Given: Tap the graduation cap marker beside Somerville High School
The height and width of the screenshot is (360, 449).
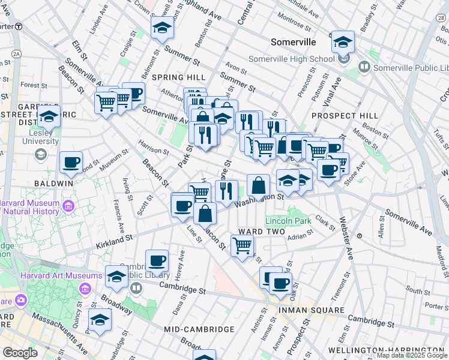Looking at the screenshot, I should pyautogui.click(x=343, y=42).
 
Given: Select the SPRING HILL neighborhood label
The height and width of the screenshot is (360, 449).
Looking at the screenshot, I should pyautogui.click(x=178, y=77).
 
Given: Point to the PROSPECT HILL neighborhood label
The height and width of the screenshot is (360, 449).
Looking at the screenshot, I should pyautogui.click(x=345, y=115).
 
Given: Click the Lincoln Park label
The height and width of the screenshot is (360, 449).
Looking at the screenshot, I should pyautogui.click(x=288, y=221).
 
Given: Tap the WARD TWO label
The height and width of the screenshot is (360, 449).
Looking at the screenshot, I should pyautogui.click(x=261, y=231).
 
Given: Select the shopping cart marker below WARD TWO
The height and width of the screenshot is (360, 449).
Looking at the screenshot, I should pyautogui.click(x=242, y=245).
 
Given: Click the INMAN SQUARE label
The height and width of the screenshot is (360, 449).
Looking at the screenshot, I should pyautogui.click(x=311, y=310).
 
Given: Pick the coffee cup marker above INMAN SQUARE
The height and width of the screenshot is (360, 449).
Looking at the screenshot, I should pyautogui.click(x=280, y=283).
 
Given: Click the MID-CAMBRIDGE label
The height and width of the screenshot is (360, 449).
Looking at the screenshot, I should pyautogui.click(x=199, y=329).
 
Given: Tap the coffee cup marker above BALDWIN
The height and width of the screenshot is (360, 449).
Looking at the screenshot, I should pyautogui.click(x=71, y=162).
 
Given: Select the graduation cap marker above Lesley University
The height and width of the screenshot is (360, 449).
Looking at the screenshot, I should pyautogui.click(x=49, y=116).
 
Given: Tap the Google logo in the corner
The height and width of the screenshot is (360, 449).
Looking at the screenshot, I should pyautogui.click(x=20, y=353).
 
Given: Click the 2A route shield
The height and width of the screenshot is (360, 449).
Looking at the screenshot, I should pyautogui.click(x=16, y=54).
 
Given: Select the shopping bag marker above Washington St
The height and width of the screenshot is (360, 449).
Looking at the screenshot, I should pyautogui.click(x=258, y=185).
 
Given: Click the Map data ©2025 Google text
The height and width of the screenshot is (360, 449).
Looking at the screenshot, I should pyautogui.click(x=411, y=355).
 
